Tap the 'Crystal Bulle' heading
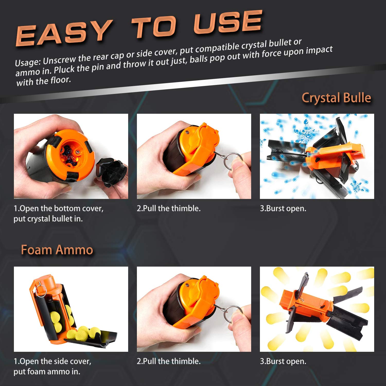pos(336,98)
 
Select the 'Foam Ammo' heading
pos(57,250)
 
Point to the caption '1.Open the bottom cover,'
pos(58,208)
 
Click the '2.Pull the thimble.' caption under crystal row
pos(169,208)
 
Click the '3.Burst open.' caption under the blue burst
pos(283,208)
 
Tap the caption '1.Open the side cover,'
pos(52,361)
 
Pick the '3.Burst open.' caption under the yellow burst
pos(283,361)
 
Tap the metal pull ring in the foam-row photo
pos(233,313)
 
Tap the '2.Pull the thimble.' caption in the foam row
pos(169,361)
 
